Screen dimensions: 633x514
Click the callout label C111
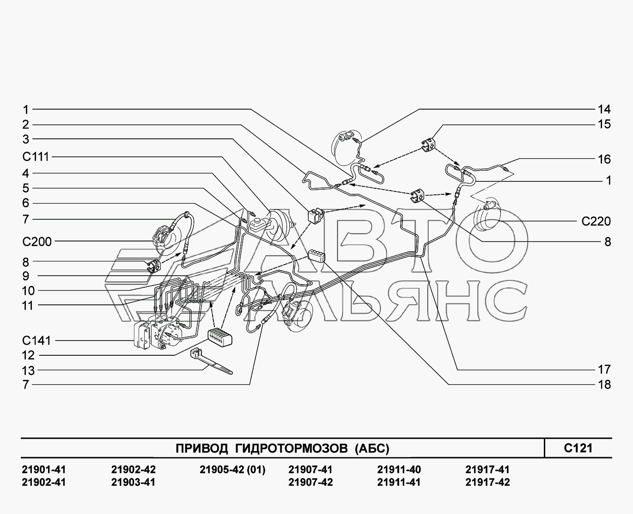(x=36, y=156)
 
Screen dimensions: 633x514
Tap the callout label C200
(x=37, y=242)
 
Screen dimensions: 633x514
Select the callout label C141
(x=37, y=341)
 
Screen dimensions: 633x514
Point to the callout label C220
(x=596, y=222)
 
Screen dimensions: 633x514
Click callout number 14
(x=604, y=109)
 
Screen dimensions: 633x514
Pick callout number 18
(x=604, y=384)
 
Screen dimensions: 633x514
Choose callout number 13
(x=29, y=371)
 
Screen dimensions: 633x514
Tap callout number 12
(x=29, y=355)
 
